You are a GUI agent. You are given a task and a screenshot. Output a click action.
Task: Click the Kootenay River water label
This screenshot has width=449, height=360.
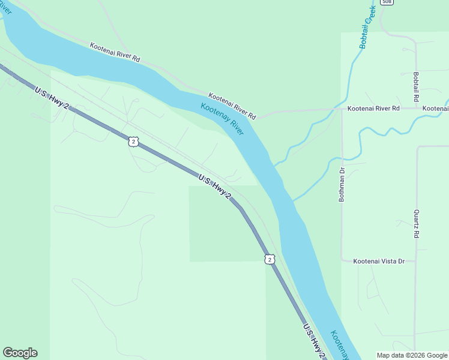pyautogui.click(x=222, y=119)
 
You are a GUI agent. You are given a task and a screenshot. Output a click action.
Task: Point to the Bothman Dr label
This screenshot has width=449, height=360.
pyautogui.click(x=342, y=184)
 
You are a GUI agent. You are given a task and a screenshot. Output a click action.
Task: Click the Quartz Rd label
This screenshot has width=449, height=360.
pyautogui.click(x=415, y=223)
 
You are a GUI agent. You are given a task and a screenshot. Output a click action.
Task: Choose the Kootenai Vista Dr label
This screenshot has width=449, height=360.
pyautogui.click(x=379, y=261)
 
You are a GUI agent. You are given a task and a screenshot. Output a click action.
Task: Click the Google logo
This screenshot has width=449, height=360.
pyautogui.click(x=20, y=353)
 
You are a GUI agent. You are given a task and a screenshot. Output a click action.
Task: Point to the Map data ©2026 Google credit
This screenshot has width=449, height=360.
pyautogui.click(x=412, y=355)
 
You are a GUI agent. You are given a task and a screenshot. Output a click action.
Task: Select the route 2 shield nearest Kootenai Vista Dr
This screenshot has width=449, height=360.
pyautogui.click(x=270, y=259)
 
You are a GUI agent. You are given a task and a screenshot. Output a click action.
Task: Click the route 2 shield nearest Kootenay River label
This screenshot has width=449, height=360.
pyautogui.click(x=133, y=141)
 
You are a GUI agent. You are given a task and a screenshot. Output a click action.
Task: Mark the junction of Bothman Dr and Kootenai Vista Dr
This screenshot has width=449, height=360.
pyautogui.click(x=342, y=261)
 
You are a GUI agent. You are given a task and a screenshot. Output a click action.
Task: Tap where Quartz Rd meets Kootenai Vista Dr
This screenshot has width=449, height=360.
pyautogui.click(x=415, y=261)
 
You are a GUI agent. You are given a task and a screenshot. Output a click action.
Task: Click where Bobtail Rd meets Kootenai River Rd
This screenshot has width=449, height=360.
pyautogui.click(x=415, y=109)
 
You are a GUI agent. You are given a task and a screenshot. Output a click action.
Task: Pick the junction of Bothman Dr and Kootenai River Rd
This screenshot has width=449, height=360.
pyautogui.click(x=342, y=109)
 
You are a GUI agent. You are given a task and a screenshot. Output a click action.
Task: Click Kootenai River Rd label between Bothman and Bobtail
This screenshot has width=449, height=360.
pyautogui.click(x=373, y=109)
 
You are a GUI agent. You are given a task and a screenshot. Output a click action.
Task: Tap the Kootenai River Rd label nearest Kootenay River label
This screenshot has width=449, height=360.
pyautogui.click(x=232, y=106)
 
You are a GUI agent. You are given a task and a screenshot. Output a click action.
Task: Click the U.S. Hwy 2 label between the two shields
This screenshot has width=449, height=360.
pyautogui.click(x=214, y=187)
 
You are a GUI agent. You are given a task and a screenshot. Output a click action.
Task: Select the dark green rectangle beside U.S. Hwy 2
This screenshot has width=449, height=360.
pyautogui.click(x=227, y=223)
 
